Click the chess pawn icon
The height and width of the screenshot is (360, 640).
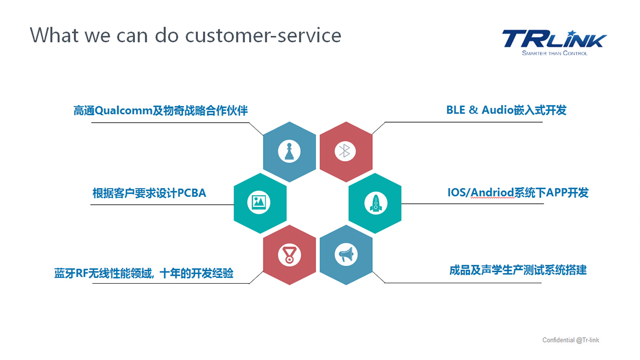tap(289, 151)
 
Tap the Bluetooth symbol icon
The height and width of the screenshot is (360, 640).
tap(345, 151)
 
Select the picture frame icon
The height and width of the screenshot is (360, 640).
tap(259, 202)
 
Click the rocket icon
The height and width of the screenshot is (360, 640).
tap(375, 203)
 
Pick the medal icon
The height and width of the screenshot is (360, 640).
tap(289, 255)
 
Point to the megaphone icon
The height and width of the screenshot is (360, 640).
tap(346, 254)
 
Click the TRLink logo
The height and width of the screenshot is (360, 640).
tap(554, 38)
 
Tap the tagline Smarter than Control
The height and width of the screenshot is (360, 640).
tap(555, 53)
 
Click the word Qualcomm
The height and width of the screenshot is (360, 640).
tap(123, 110)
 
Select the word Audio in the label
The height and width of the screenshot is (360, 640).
tap(498, 110)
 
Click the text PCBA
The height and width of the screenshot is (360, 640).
tap(191, 193)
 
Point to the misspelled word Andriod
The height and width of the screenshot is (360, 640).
tap(492, 193)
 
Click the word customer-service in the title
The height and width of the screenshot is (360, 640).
tap(263, 36)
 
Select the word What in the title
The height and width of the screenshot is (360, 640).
tap(54, 35)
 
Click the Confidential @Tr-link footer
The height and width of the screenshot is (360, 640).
tap(571, 340)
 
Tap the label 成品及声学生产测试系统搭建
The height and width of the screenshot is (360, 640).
tap(518, 270)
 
